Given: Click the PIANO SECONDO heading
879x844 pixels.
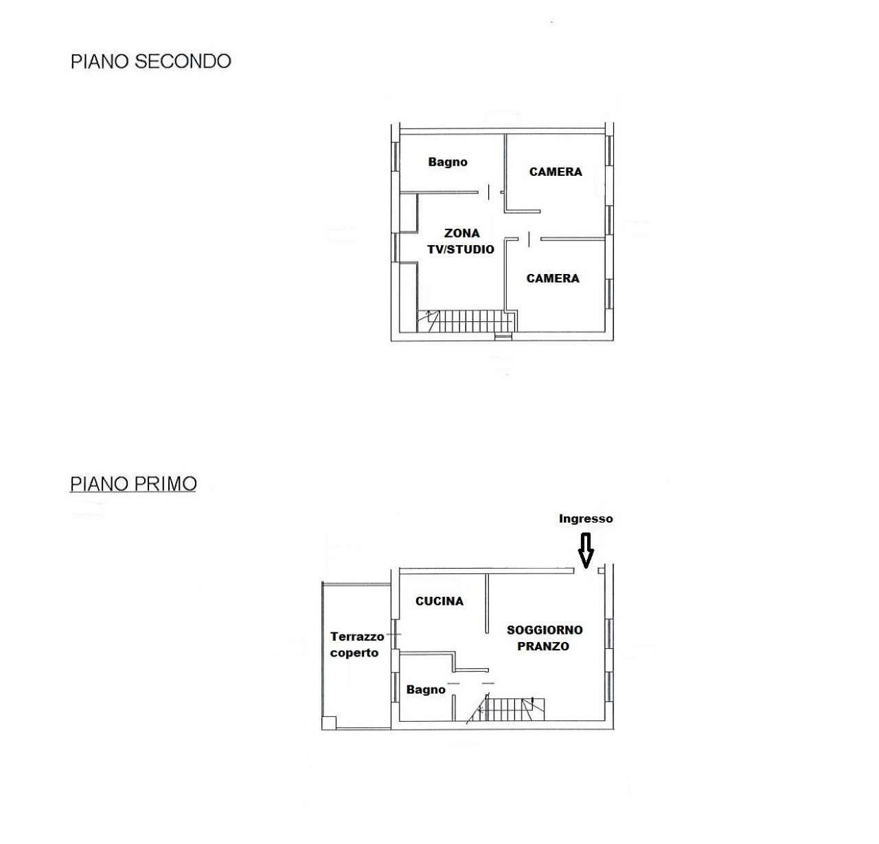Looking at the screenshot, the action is pyautogui.click(x=151, y=61).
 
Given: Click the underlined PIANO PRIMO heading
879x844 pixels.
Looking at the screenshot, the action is pyautogui.click(x=133, y=484).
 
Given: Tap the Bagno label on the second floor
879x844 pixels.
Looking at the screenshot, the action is pyautogui.click(x=448, y=162).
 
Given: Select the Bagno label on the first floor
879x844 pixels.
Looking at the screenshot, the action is pyautogui.click(x=426, y=689).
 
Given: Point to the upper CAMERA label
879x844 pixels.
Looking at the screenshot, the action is pyautogui.click(x=556, y=172).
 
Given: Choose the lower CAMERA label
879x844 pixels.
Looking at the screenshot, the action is pyautogui.click(x=553, y=278).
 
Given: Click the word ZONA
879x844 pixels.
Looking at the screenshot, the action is pyautogui.click(x=461, y=233).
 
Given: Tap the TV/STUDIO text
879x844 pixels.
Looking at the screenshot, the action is pyautogui.click(x=461, y=249).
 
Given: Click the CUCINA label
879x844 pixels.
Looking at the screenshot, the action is pyautogui.click(x=439, y=601).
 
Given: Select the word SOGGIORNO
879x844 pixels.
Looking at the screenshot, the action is pyautogui.click(x=545, y=630).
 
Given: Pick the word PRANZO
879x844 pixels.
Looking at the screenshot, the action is pyautogui.click(x=543, y=646).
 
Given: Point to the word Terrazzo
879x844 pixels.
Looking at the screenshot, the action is pyautogui.click(x=357, y=637).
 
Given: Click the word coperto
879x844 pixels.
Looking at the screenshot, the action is pyautogui.click(x=354, y=653).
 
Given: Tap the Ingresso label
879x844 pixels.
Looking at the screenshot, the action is pyautogui.click(x=586, y=518).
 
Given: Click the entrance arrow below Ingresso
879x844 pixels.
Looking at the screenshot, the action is pyautogui.click(x=586, y=550).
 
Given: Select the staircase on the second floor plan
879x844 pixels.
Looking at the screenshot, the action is pyautogui.click(x=466, y=321).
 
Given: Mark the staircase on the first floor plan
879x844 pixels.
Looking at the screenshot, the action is pyautogui.click(x=506, y=709).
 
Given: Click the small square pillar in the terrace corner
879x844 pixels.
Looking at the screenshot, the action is pyautogui.click(x=329, y=722).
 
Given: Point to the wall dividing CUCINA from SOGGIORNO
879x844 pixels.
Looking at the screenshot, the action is pyautogui.click(x=487, y=603).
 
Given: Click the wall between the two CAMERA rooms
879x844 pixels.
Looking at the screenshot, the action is pyautogui.click(x=573, y=238).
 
